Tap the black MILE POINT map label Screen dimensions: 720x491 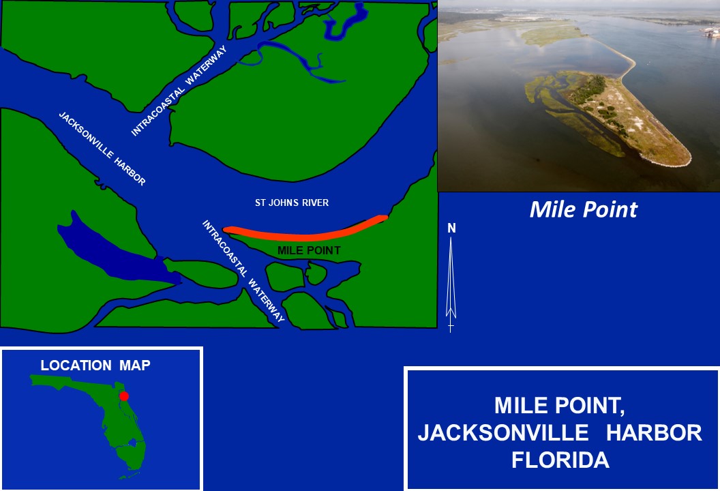(309, 250)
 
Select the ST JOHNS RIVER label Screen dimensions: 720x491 (292, 203)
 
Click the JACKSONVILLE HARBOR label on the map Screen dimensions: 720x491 (102, 149)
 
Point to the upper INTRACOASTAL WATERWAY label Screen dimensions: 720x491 (179, 91)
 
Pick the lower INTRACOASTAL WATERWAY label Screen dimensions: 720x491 (243, 271)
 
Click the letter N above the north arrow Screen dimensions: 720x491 (451, 228)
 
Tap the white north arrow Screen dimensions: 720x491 (451, 284)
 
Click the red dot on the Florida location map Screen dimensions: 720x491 (123, 396)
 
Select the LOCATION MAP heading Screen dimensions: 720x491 (95, 365)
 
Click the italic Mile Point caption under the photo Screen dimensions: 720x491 (583, 209)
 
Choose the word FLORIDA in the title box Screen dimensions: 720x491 (560, 460)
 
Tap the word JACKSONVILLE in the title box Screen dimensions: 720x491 (502, 432)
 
